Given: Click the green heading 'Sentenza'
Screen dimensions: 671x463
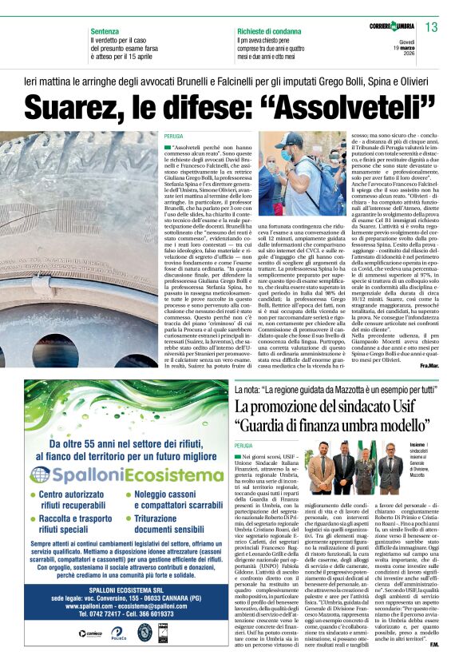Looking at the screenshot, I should click(x=106, y=29).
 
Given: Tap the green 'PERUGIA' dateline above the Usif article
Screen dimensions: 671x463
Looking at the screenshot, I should click(x=243, y=445).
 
